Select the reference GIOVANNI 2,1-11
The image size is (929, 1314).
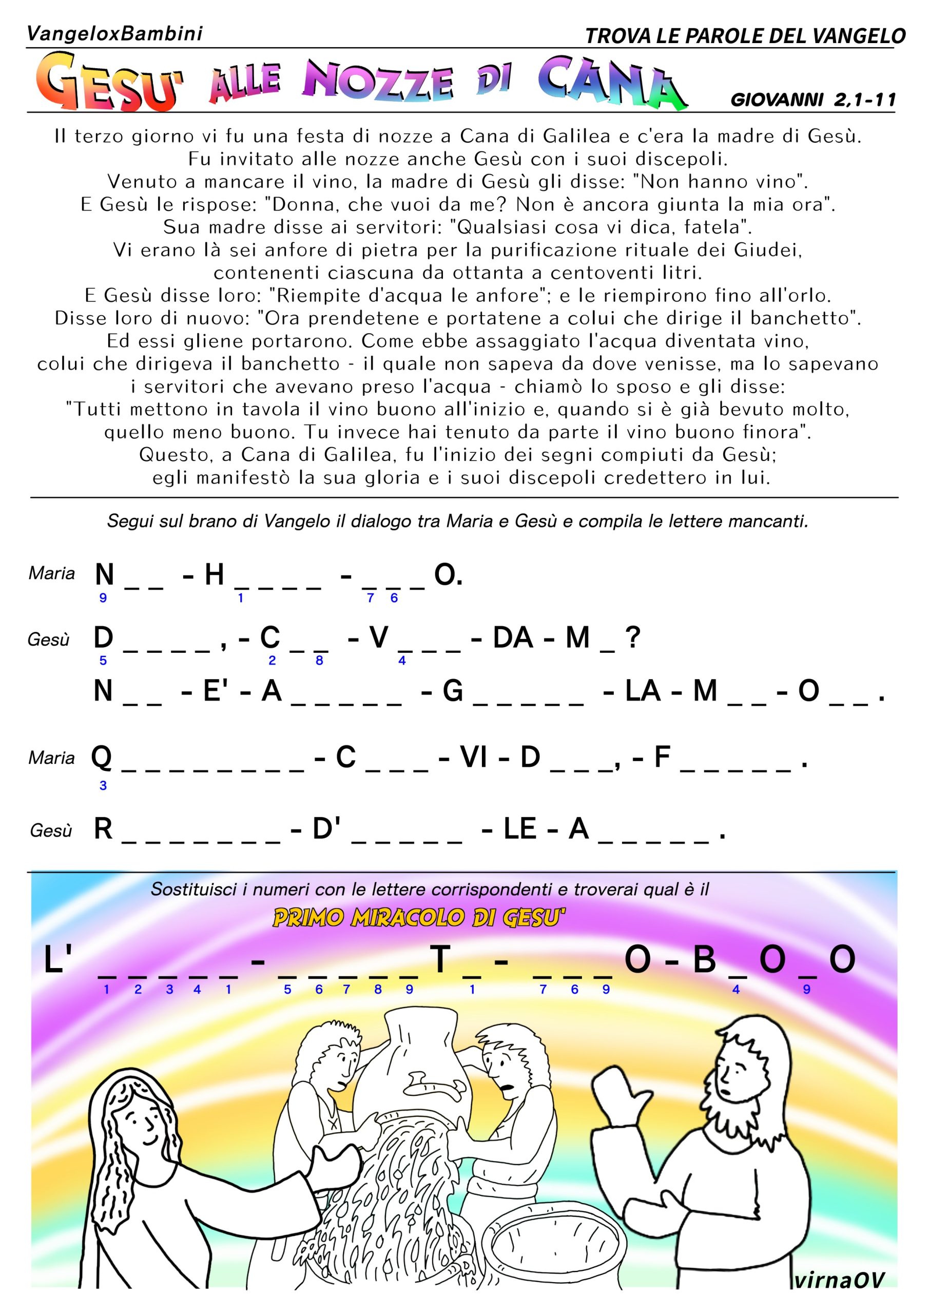813,100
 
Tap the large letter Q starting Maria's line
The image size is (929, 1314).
102,757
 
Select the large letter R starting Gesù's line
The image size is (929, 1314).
103,828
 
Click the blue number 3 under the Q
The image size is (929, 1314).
103,786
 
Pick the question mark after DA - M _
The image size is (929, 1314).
632,637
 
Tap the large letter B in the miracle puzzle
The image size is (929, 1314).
705,960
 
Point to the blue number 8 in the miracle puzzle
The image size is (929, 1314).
378,990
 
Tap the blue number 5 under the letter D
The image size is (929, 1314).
103,661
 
